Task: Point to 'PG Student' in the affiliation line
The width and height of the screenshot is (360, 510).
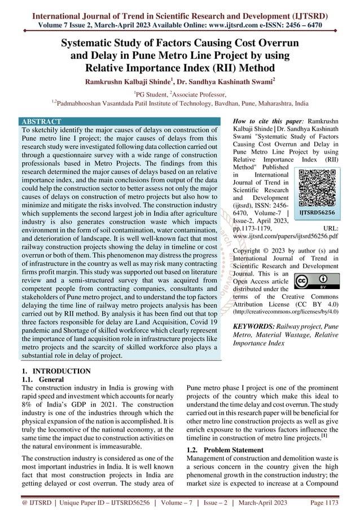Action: pyautogui.click(x=156, y=94)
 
